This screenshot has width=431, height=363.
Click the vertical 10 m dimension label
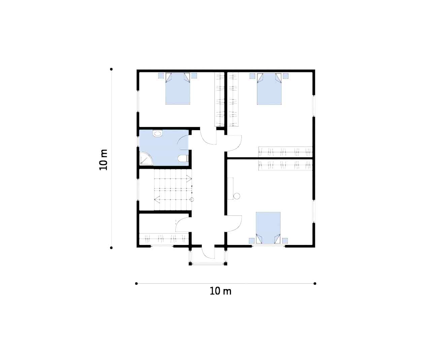click(103, 160)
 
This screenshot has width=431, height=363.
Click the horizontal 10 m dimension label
click(221, 291)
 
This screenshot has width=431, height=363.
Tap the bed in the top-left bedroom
click(177, 89)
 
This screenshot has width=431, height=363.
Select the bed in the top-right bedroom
click(269, 89)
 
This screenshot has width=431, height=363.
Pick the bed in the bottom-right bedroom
click(268, 228)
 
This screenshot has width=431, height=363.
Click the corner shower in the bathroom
click(146, 158)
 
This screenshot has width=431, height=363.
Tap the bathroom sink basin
click(158, 133)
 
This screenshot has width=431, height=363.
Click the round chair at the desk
click(237, 196)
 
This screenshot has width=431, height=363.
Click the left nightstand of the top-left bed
click(161, 76)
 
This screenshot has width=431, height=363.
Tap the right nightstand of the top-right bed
click(286, 76)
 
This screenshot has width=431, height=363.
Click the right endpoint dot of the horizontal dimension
click(315, 283)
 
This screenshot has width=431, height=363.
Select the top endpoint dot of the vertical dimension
click(111, 69)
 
